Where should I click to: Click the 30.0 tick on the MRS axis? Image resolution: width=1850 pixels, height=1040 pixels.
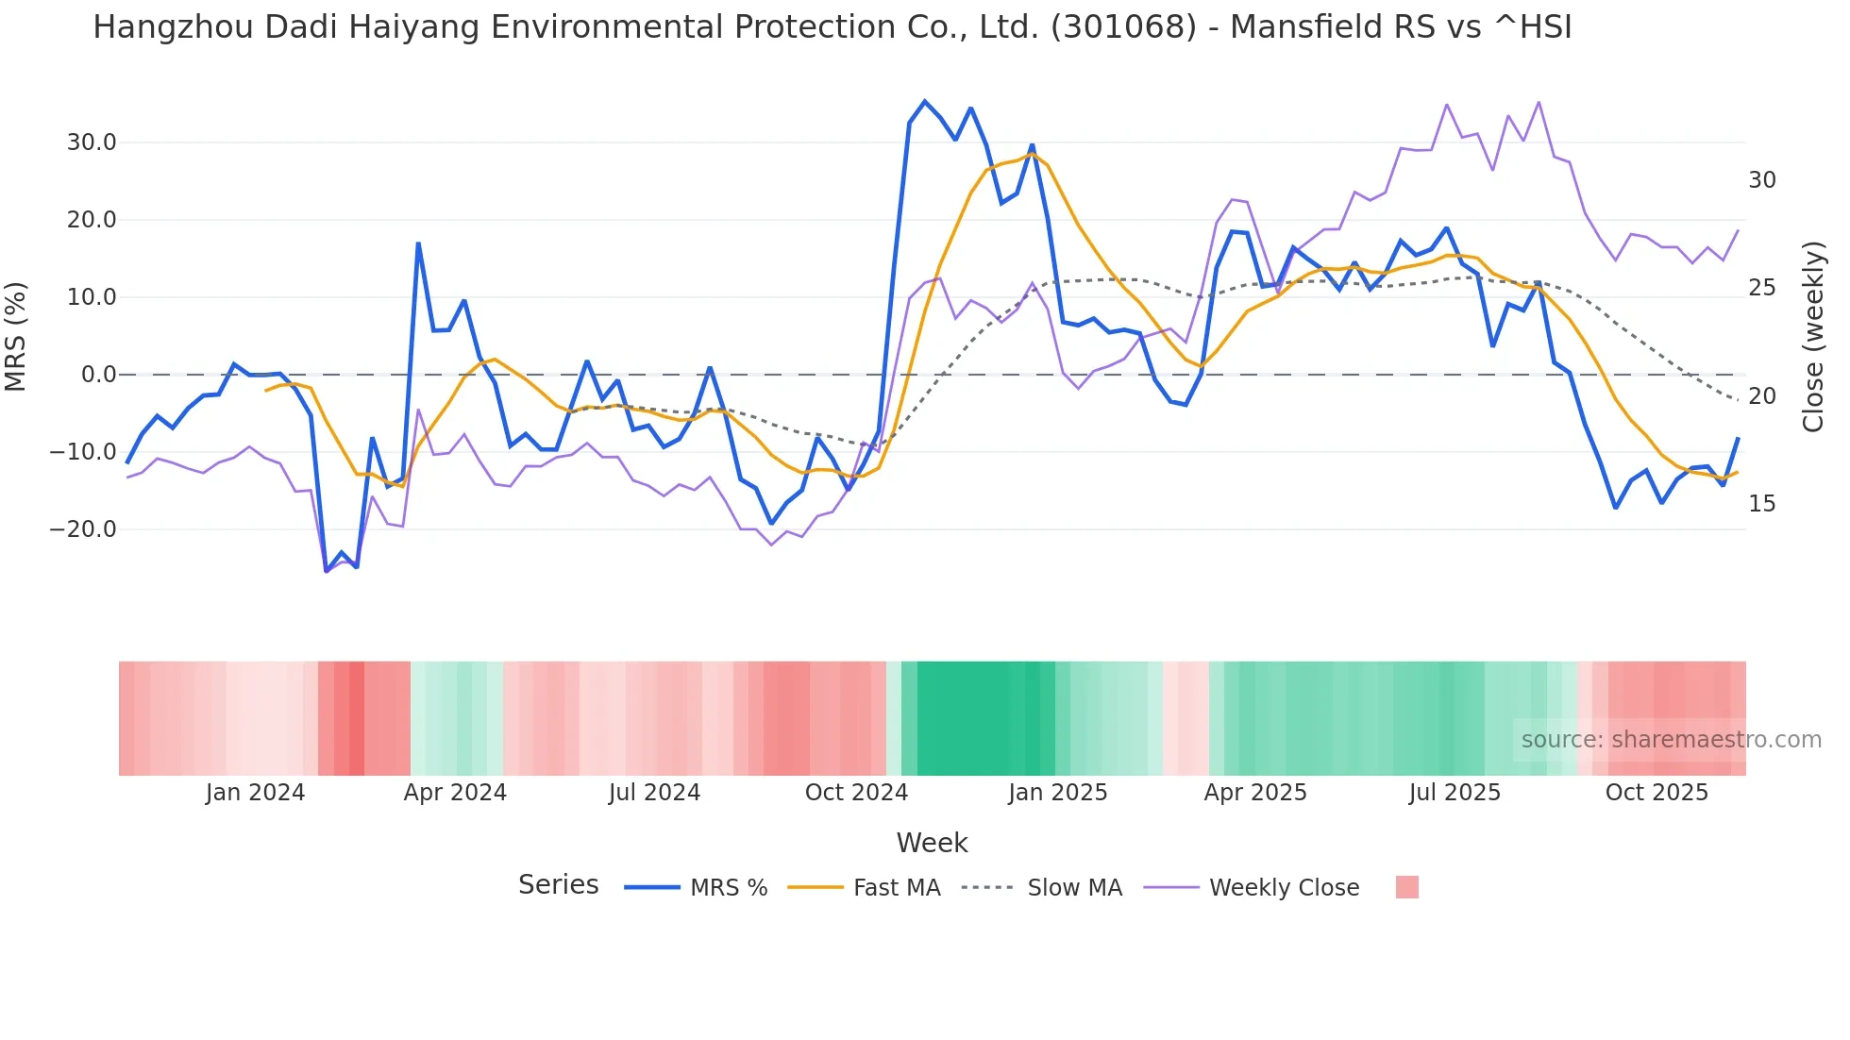(91, 143)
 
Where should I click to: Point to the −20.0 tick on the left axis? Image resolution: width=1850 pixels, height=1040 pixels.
(83, 529)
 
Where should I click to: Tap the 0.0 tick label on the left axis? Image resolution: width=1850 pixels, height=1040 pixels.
(98, 375)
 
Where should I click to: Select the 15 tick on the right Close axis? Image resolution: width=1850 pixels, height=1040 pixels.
(1761, 504)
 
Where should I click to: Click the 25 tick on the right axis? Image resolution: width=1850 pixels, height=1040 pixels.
(1761, 288)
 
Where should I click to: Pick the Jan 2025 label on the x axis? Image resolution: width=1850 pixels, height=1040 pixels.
(1057, 793)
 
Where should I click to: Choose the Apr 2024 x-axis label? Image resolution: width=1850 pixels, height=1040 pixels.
(455, 793)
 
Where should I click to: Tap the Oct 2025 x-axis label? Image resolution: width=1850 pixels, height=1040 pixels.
(1657, 793)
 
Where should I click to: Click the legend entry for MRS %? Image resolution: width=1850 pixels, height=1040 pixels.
(728, 888)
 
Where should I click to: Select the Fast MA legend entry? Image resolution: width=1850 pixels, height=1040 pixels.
(896, 888)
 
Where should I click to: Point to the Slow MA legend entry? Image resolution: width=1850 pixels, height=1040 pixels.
(1074, 888)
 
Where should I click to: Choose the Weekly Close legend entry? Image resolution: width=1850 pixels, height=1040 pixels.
(1284, 888)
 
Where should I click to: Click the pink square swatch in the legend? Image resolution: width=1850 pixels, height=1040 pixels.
(1406, 887)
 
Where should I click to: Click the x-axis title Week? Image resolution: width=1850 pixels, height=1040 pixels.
(932, 843)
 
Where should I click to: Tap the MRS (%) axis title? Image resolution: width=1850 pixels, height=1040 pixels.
(15, 336)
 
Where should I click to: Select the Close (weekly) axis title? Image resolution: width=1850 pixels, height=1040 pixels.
(1812, 337)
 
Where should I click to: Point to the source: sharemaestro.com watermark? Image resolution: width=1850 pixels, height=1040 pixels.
(1671, 740)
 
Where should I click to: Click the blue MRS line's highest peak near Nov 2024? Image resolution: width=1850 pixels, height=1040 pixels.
(925, 101)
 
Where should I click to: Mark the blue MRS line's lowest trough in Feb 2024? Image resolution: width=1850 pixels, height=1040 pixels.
(327, 571)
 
